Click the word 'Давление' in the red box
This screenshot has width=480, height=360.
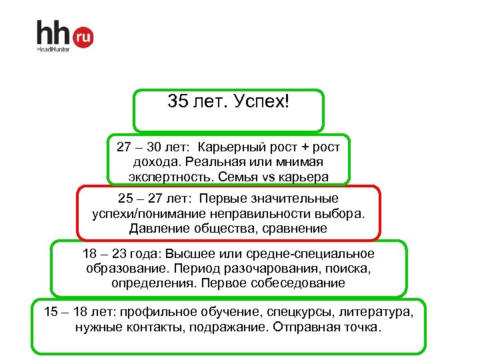pyautogui.click(x=159, y=229)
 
